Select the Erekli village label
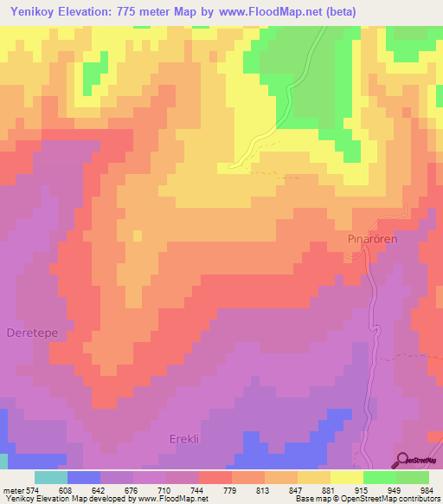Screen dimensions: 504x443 coord(183,439)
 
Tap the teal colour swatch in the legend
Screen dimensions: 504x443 coord(51,477)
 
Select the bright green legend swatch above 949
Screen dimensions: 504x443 coord(379,477)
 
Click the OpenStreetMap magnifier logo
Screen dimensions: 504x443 coord(402,460)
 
